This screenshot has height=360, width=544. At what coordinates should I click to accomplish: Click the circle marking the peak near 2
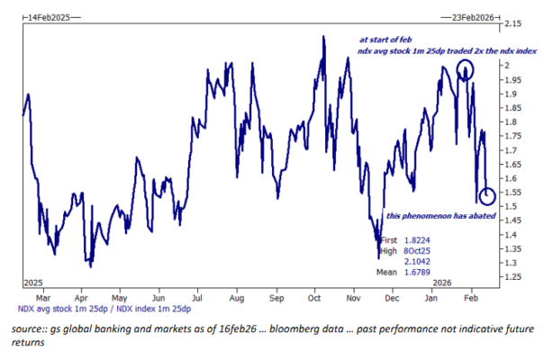466,70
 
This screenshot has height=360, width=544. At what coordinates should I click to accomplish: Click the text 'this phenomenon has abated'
441,217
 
